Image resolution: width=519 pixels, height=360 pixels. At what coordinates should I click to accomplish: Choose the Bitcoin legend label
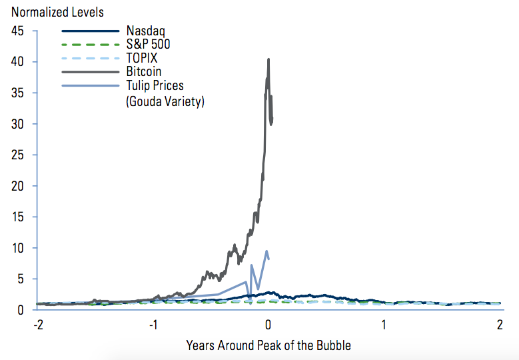[x=143, y=71]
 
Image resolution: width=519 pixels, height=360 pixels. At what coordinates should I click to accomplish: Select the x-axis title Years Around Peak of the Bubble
[x=268, y=345]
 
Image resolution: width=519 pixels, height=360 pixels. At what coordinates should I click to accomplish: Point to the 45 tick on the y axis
[x=18, y=31]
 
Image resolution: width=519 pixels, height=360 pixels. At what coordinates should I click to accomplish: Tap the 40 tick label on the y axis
[x=18, y=62]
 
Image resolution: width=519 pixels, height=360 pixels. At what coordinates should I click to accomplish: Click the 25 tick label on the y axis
[x=18, y=155]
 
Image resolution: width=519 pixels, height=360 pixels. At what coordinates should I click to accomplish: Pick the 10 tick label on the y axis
[x=18, y=248]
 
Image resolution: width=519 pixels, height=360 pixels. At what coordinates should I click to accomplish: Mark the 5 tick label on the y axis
[x=21, y=279]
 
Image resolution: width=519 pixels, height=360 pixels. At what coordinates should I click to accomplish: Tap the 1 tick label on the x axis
[x=384, y=325]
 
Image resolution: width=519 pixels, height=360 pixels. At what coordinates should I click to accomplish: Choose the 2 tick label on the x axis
[x=500, y=325]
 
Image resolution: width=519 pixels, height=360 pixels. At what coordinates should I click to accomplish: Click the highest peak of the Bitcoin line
[x=268, y=59]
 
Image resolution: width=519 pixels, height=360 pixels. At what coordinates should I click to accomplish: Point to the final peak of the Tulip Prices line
[x=266, y=251]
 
